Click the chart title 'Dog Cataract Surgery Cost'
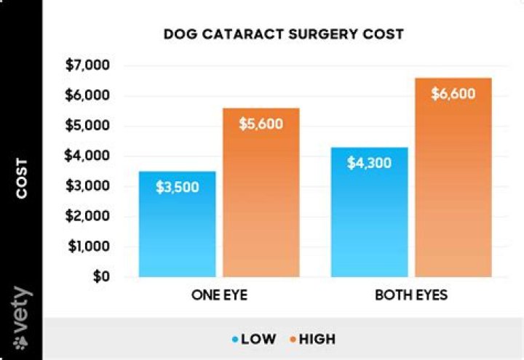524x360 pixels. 283,34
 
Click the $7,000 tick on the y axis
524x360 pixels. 88,65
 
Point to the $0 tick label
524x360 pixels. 100,277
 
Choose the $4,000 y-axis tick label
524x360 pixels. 88,156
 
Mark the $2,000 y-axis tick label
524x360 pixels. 88,217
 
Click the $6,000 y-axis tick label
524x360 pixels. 88,96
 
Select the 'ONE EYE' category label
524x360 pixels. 221,296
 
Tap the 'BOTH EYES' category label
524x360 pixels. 411,296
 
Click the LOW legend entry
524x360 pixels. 255,339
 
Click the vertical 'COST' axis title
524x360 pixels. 22,178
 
